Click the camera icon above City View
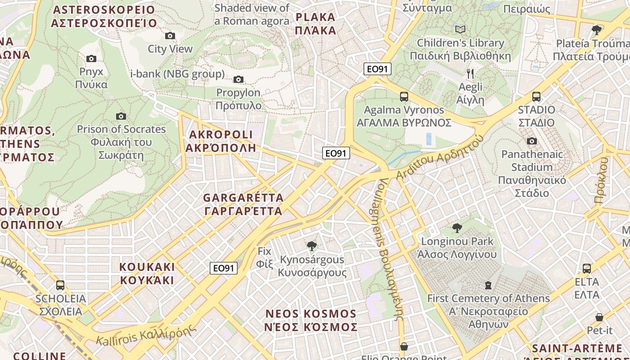(170, 36)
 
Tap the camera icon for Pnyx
(91, 58)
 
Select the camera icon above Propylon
(238, 80)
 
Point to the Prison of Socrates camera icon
(121, 116)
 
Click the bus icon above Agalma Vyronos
(404, 96)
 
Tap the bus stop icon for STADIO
(536, 96)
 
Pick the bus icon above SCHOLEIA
(60, 285)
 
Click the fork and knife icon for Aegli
(470, 74)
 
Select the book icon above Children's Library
(460, 30)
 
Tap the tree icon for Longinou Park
(457, 228)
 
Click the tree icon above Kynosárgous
(311, 246)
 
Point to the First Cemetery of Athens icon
(488, 285)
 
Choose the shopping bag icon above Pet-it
(599, 317)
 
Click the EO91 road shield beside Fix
(224, 268)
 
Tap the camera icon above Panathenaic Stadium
(532, 141)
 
